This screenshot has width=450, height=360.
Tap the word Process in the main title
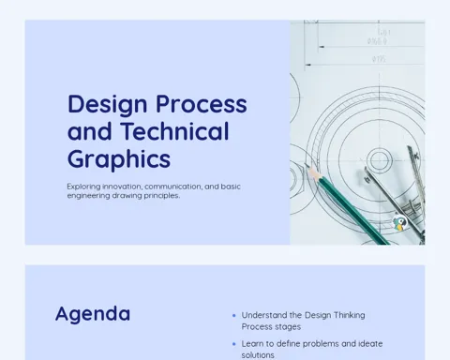pos(202,104)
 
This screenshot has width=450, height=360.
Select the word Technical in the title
pos(174,131)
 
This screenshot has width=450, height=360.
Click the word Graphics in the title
pos(119,160)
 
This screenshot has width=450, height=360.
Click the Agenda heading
pos(93,314)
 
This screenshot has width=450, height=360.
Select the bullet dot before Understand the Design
pos(234,316)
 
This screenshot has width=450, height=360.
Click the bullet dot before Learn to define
pos(234,344)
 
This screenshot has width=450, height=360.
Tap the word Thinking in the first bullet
pos(349,315)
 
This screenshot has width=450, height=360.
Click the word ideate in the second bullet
pos(370,344)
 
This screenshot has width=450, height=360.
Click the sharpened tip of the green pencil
pos(307,165)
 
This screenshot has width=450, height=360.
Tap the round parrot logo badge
pos(399,222)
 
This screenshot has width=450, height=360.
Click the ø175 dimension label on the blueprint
pos(379,59)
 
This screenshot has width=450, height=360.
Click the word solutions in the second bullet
pos(258,355)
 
